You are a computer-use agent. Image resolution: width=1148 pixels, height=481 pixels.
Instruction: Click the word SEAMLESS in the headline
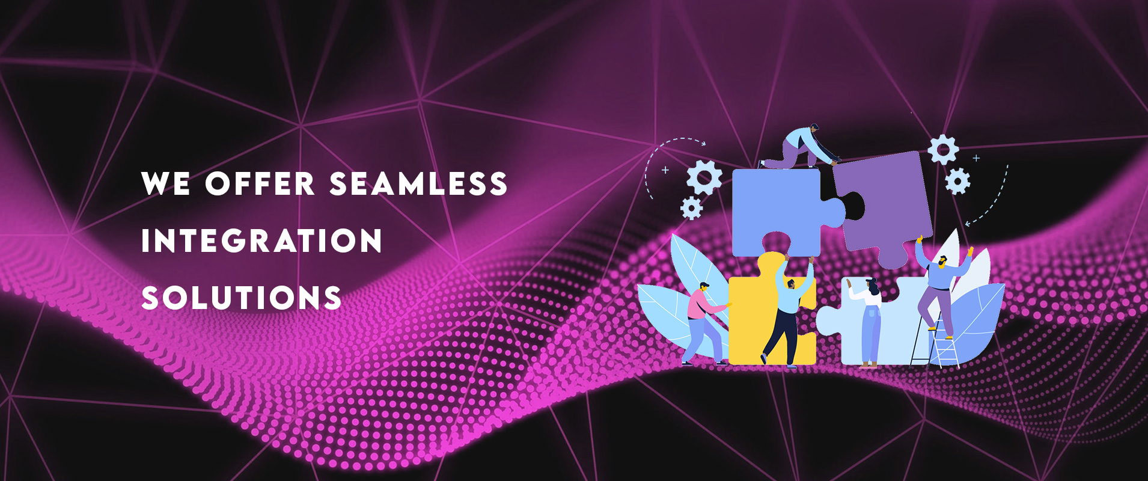pos(418,183)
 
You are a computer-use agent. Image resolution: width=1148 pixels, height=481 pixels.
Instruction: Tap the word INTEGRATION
pos(261,240)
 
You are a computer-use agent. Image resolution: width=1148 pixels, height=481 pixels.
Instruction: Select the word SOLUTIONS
pos(241,298)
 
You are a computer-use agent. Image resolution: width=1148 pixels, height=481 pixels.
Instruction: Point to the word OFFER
pos(260,183)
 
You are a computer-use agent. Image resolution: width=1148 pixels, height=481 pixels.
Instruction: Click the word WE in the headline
pos(166,183)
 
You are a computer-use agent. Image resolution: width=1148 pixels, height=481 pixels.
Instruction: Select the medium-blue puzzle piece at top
pos(778,210)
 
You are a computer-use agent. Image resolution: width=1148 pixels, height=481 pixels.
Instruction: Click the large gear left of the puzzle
pos(704,177)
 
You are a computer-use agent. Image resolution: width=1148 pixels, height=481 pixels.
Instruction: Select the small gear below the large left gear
pos(692,208)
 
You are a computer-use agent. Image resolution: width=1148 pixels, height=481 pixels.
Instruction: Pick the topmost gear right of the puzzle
pos(943,149)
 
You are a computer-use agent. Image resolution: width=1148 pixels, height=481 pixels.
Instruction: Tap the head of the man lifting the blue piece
pos(790,282)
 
